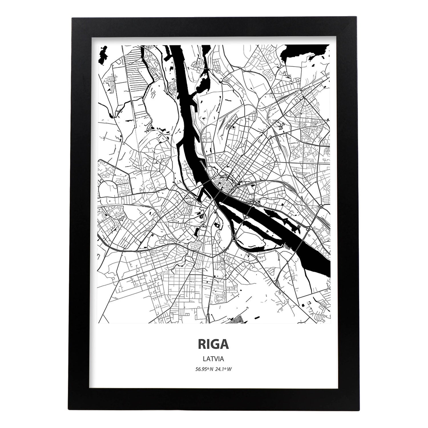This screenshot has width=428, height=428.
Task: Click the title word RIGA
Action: (214, 344)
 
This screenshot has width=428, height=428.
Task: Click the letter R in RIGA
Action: (202, 344)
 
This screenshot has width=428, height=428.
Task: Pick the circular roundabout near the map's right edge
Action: (321, 206)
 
